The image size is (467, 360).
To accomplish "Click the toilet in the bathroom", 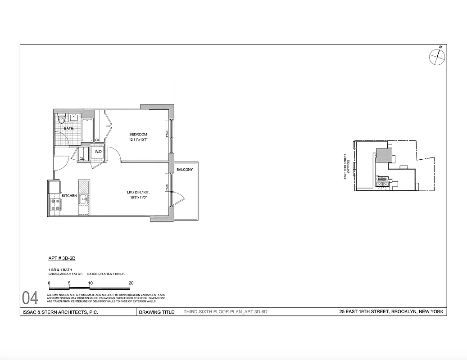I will click(62, 119).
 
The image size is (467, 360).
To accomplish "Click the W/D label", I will click(98, 152).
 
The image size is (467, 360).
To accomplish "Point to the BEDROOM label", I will click(138, 134).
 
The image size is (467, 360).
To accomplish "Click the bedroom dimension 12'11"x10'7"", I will click(138, 139).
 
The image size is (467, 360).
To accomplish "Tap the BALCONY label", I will click(185, 170).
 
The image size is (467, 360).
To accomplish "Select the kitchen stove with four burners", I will click(56, 205).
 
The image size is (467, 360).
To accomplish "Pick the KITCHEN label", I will click(69, 196).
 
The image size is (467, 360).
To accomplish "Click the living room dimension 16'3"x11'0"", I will click(138, 197).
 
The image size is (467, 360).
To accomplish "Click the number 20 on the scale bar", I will click(131, 283).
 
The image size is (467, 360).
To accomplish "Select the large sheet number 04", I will click(30, 298).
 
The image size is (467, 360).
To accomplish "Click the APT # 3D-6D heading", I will click(62, 259).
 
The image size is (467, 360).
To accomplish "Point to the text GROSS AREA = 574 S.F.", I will click(63, 274).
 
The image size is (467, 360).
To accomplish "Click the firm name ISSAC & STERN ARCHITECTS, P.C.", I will click(60, 312).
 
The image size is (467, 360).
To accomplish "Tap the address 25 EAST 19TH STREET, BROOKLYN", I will click(391, 311).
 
